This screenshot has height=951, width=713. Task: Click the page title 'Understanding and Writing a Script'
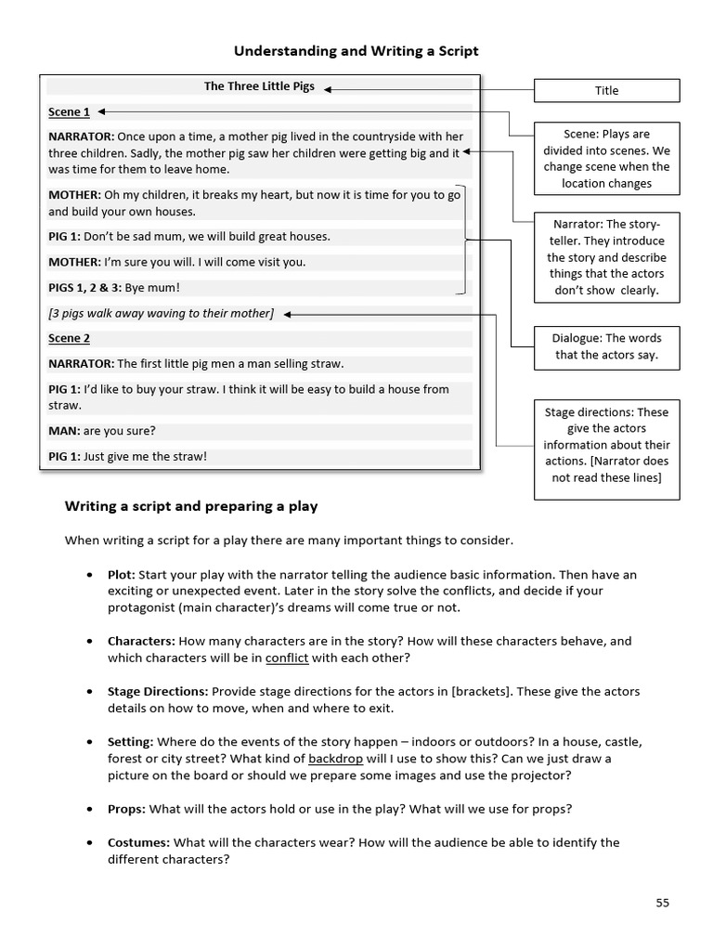tap(356, 51)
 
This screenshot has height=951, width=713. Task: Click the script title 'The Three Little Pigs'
tap(259, 86)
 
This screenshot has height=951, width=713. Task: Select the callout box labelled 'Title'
tap(606, 90)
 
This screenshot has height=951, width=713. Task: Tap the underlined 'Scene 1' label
tap(69, 112)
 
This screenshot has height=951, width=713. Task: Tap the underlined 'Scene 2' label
tap(69, 339)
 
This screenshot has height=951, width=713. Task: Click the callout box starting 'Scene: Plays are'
tap(606, 159)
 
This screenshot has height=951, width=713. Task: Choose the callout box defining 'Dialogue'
tap(606, 346)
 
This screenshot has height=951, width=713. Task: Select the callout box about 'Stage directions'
tap(606, 445)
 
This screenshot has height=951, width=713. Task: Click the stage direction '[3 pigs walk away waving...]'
tap(161, 314)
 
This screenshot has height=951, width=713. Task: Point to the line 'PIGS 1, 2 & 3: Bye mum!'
tap(114, 288)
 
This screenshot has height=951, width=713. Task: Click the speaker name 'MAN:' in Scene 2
tap(64, 431)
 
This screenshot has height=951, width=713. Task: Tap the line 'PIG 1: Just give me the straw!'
tap(127, 456)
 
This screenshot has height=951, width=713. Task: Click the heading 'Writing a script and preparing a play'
tap(190, 506)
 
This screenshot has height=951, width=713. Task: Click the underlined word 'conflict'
tap(287, 658)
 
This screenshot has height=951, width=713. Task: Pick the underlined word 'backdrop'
tap(336, 759)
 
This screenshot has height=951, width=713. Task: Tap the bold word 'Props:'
tap(126, 809)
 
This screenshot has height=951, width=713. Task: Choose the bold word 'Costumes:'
tap(138, 842)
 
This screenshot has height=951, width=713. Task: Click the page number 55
tap(661, 902)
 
